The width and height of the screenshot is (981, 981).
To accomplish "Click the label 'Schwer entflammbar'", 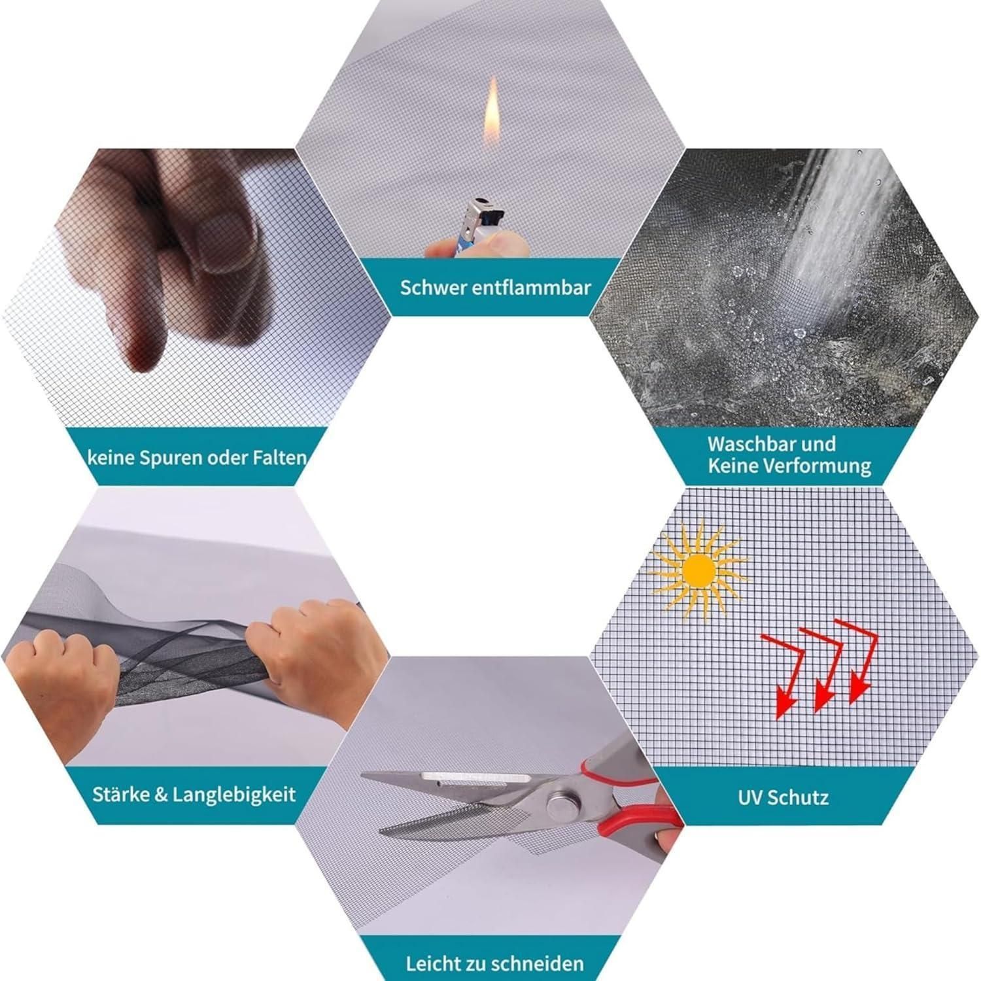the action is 496,287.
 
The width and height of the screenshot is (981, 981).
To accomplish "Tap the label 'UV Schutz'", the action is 783,797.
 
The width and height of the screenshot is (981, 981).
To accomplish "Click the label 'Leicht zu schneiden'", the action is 494,963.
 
